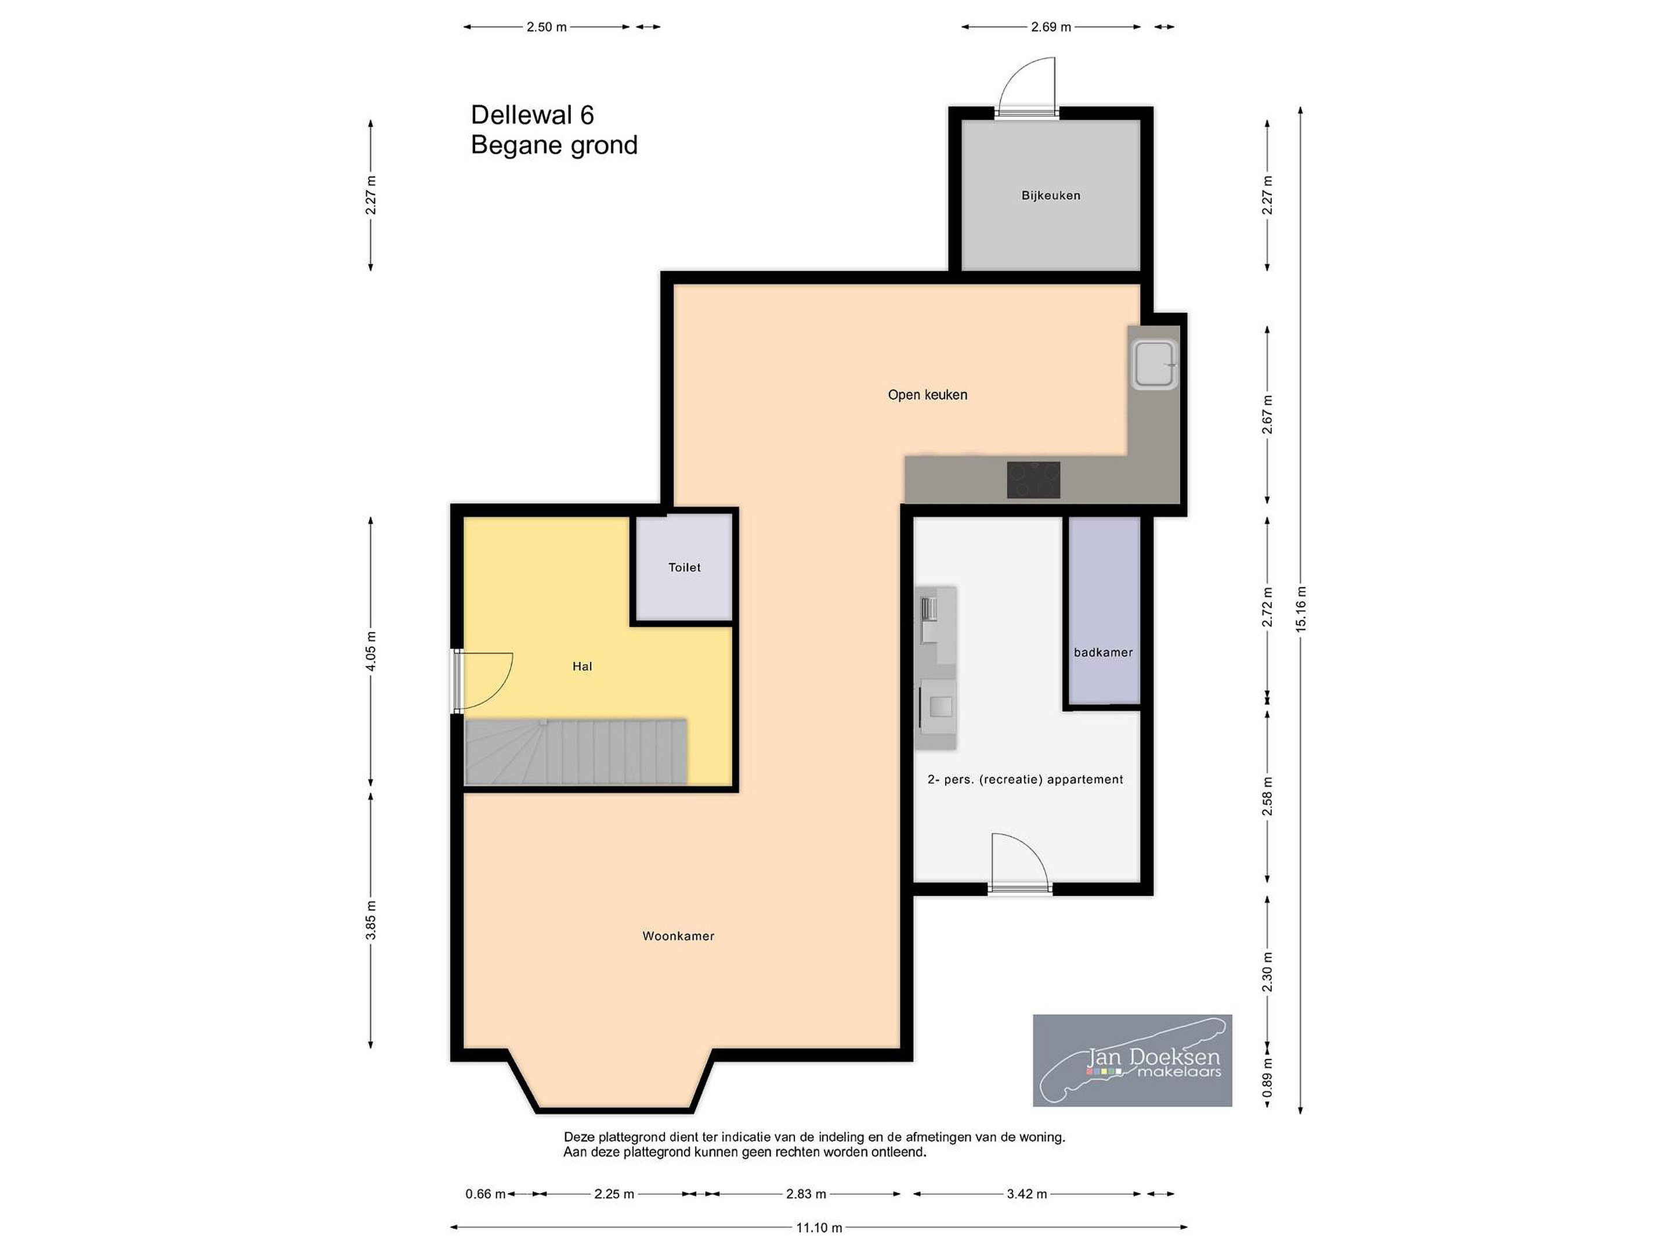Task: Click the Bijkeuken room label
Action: pyautogui.click(x=1051, y=196)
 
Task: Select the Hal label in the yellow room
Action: pyautogui.click(x=583, y=666)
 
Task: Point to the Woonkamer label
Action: pyautogui.click(x=678, y=936)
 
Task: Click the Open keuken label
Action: pyautogui.click(x=928, y=395)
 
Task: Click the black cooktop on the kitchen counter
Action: pyautogui.click(x=1033, y=480)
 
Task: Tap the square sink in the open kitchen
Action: pyautogui.click(x=1153, y=365)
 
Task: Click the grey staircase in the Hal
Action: pyautogui.click(x=576, y=751)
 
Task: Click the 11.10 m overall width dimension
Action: pyautogui.click(x=819, y=1227)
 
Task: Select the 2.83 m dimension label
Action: pyautogui.click(x=806, y=1194)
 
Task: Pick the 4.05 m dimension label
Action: pyautogui.click(x=371, y=651)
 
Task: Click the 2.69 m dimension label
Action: pyautogui.click(x=1051, y=27)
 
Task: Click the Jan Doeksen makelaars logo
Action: pyautogui.click(x=1133, y=1061)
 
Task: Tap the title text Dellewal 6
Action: pyautogui.click(x=533, y=115)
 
